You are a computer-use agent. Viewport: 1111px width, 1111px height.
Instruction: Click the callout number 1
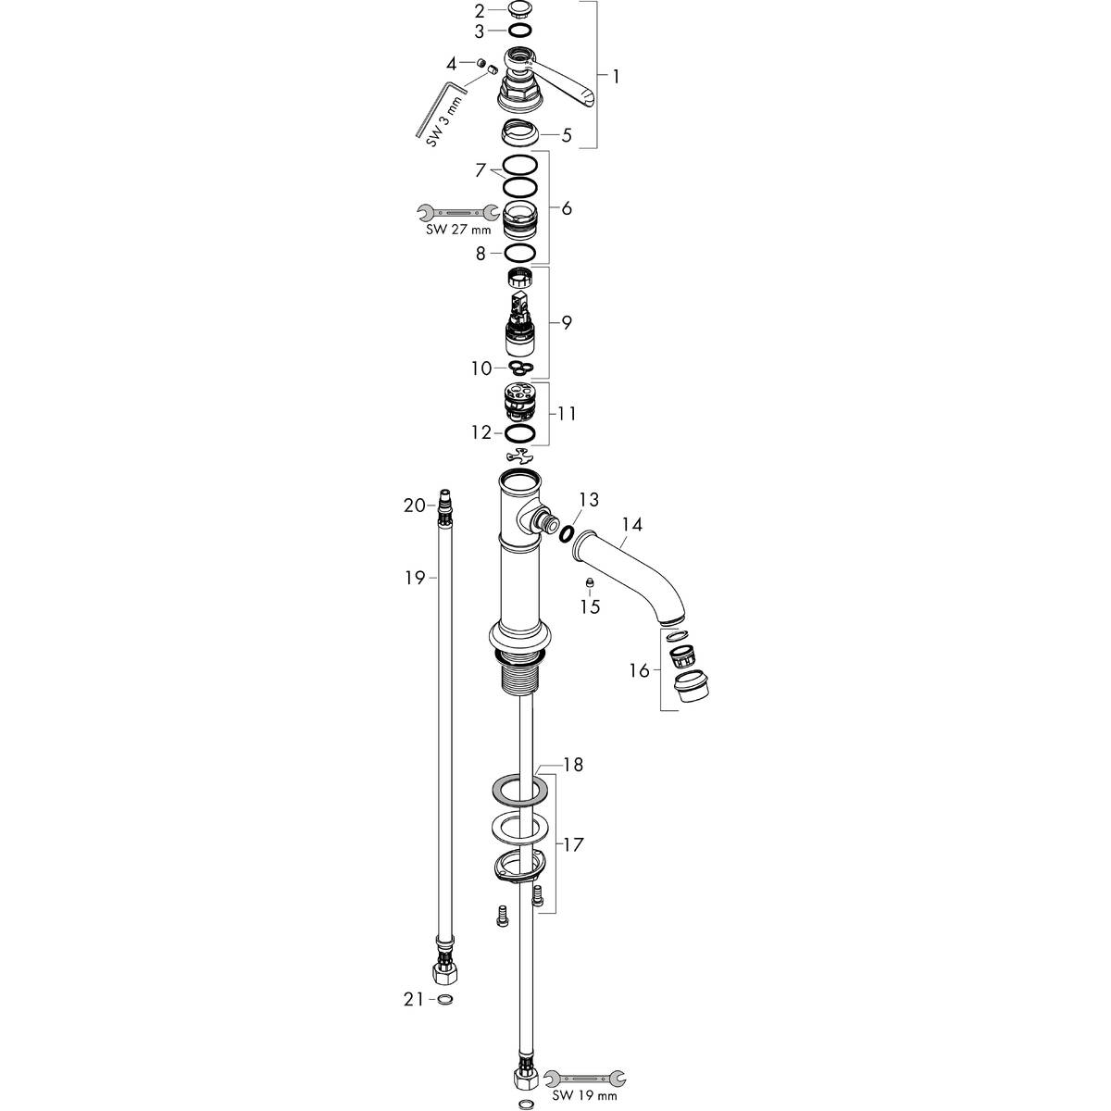point(615,76)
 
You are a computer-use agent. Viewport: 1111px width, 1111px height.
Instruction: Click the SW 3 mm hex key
point(433,110)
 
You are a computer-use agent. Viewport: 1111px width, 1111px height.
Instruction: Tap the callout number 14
point(631,525)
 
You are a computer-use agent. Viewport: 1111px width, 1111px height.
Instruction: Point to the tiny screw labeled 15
point(589,582)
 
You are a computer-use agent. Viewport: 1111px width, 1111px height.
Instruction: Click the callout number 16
point(639,670)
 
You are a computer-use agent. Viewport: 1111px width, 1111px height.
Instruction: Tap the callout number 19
point(414,578)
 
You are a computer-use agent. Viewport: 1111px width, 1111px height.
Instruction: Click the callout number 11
point(566,413)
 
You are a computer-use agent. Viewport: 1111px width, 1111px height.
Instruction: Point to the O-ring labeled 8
point(521,254)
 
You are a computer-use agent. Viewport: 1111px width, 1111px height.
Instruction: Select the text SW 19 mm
point(584,1097)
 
